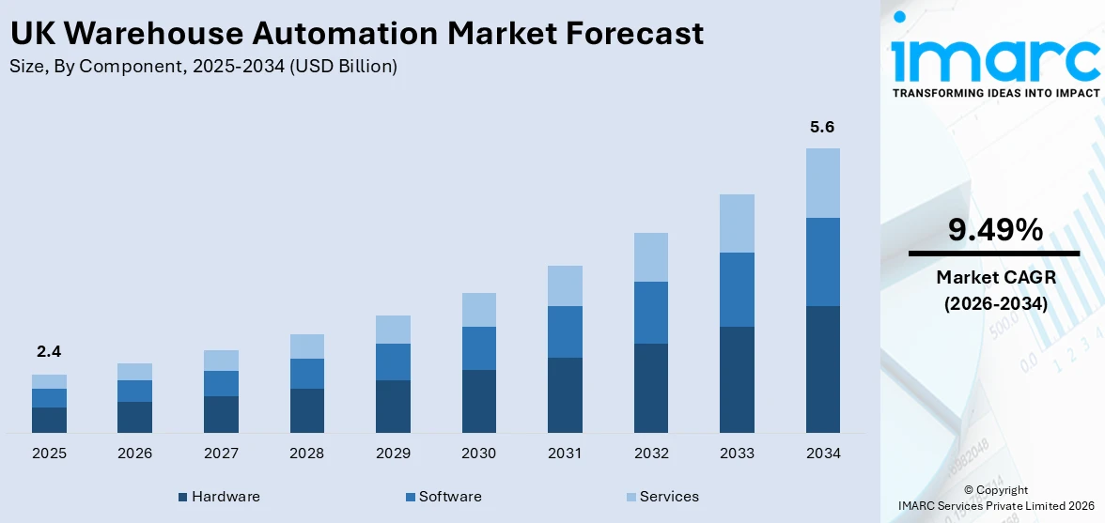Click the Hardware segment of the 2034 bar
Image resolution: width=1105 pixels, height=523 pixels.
click(822, 369)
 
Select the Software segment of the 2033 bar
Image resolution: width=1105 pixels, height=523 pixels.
click(737, 289)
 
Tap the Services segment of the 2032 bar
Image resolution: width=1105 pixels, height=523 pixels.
click(650, 257)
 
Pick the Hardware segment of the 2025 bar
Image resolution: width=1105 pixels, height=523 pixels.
click(49, 420)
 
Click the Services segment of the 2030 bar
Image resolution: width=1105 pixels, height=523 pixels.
click(478, 310)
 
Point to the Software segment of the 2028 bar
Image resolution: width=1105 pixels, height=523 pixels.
click(306, 374)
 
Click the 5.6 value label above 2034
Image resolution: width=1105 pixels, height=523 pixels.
click(822, 127)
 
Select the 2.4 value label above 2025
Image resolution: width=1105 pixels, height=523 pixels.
click(49, 352)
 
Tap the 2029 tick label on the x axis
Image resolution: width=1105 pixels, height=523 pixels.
click(393, 454)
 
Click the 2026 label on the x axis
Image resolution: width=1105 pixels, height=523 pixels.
click(134, 454)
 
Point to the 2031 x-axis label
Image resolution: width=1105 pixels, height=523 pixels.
click(565, 454)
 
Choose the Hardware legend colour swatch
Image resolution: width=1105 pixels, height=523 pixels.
click(182, 497)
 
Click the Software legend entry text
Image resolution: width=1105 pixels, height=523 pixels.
click(450, 497)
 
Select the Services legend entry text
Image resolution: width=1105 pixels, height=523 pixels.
click(669, 497)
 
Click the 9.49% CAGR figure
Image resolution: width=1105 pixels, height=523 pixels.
click(994, 230)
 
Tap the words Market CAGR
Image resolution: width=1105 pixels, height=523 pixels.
click(994, 277)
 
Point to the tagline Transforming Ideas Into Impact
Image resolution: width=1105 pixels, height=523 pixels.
click(994, 93)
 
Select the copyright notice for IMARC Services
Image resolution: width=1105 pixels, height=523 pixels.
click(995, 499)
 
